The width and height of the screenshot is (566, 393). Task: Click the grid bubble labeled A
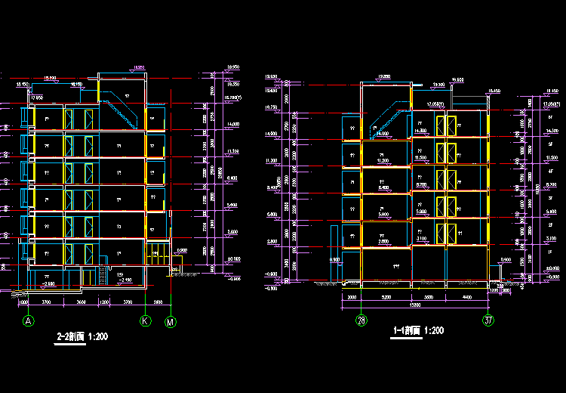29,321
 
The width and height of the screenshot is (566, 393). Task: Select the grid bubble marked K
145,321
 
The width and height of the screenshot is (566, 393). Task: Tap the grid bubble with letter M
172,321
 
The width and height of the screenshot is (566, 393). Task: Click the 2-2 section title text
83,336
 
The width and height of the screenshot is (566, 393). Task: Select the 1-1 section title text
420,331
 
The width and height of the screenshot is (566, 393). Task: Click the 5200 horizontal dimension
386,297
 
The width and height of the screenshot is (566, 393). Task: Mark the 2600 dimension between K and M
158,302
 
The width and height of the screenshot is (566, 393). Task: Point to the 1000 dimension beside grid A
23,302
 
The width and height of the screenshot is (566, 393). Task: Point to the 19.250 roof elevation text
383,77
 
